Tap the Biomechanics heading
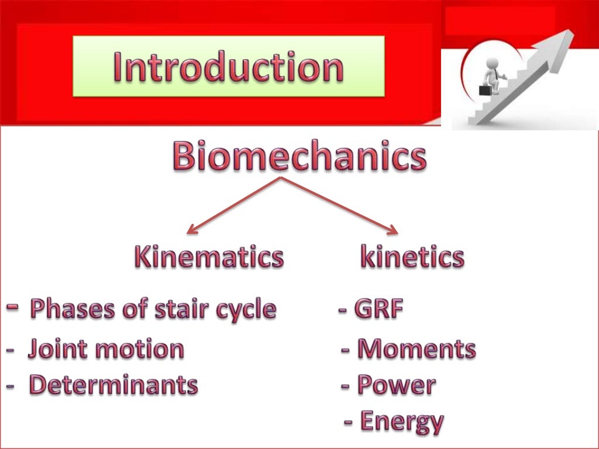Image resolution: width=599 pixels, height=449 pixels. click(299, 157)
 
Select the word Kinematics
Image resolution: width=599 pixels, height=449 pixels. click(209, 257)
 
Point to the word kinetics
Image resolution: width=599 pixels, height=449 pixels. click(412, 257)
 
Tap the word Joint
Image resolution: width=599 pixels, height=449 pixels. click(56, 349)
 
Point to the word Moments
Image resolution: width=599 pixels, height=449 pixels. click(416, 349)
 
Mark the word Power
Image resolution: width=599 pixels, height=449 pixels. click(396, 385)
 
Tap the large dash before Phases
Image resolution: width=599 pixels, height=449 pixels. click(13, 306)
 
